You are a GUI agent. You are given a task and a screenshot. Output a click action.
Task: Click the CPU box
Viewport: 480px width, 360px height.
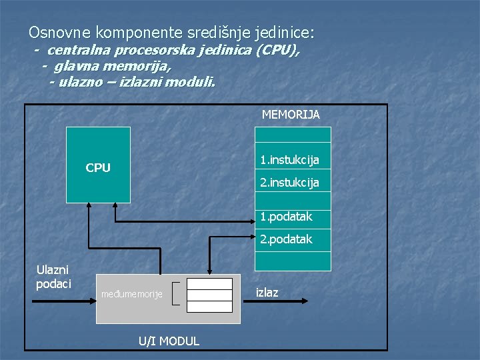pyautogui.click(x=98, y=167)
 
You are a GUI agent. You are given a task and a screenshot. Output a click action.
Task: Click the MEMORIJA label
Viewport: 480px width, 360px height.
pyautogui.click(x=291, y=115)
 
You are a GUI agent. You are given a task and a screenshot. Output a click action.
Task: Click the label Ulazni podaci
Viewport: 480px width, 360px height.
pyautogui.click(x=51, y=277)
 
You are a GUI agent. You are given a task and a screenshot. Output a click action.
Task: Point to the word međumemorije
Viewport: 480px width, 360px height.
pyautogui.click(x=131, y=294)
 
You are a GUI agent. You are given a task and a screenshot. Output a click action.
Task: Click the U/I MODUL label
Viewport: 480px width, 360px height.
pyautogui.click(x=169, y=341)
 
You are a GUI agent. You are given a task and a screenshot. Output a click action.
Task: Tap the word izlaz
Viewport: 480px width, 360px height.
pyautogui.click(x=267, y=293)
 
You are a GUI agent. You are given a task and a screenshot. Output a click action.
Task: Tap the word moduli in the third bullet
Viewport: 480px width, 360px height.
pyautogui.click(x=190, y=83)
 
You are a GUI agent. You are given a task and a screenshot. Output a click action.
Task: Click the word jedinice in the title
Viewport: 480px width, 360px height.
pyautogui.click(x=283, y=32)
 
